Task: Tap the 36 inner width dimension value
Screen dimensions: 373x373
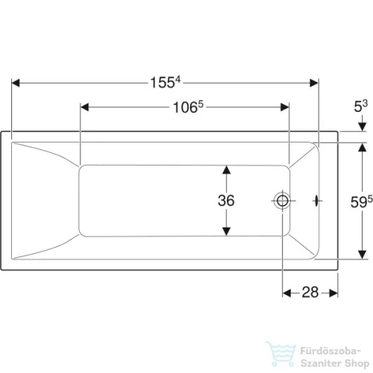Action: [x=226, y=201]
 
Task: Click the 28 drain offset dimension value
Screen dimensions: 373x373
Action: [x=310, y=292]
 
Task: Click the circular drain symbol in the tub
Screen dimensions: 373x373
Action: [x=283, y=201]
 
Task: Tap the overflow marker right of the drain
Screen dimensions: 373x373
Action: [x=316, y=201]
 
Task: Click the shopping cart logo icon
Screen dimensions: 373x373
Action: [x=281, y=354]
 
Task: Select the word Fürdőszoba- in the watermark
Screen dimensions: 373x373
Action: [x=330, y=351]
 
